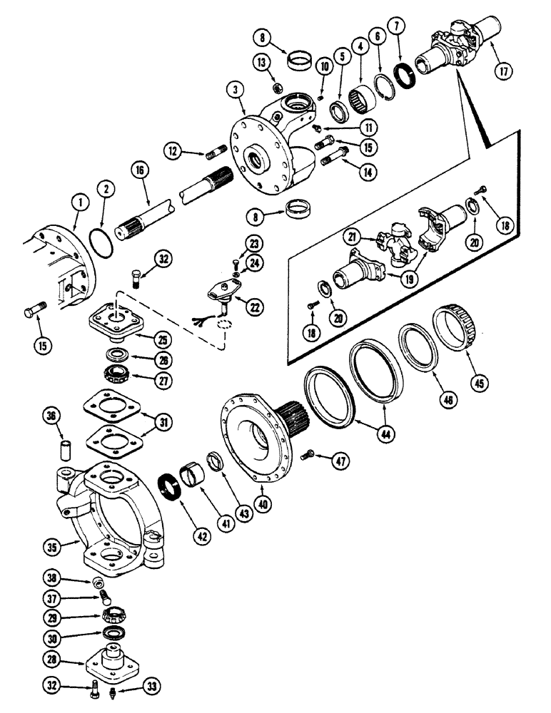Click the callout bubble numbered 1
pyautogui.click(x=77, y=202)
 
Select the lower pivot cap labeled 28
pyautogui.click(x=115, y=660)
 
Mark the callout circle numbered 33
pyautogui.click(x=151, y=687)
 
